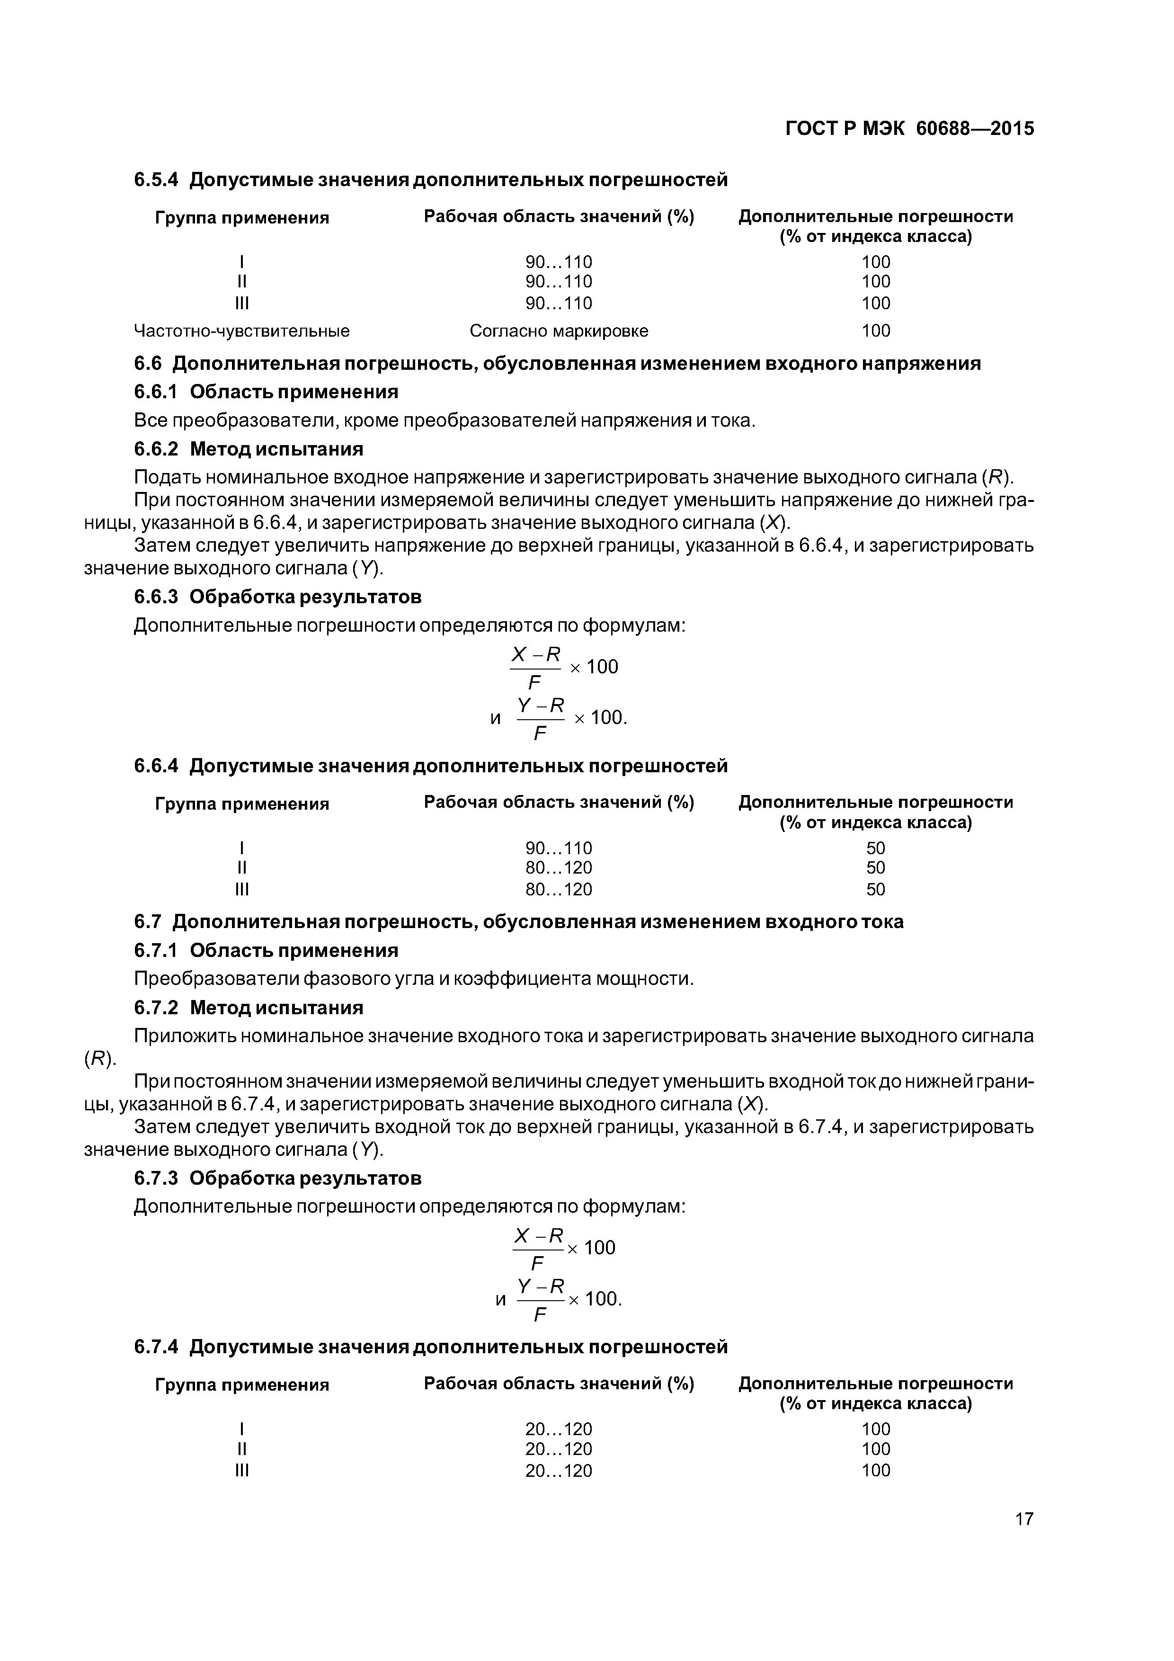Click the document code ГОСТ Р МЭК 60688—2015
(x=909, y=129)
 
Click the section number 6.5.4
(x=156, y=179)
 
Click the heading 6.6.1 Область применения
(x=266, y=392)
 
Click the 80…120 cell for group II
(x=559, y=867)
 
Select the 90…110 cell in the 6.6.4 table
(x=559, y=847)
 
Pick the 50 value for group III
(x=875, y=889)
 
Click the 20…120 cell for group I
(x=559, y=1429)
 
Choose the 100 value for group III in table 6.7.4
(x=875, y=1470)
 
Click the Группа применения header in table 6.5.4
(x=241, y=218)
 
